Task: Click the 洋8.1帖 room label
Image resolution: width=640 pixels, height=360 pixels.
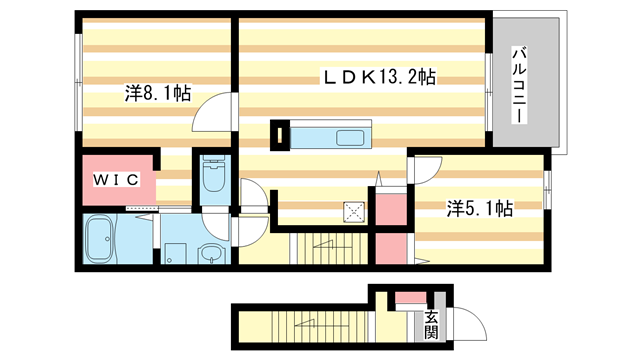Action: coord(157,94)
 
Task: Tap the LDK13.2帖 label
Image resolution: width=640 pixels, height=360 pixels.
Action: coord(378,76)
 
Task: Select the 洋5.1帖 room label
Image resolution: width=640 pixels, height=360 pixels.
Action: coord(480,208)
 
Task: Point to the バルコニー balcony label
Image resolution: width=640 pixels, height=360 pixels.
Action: coord(520,85)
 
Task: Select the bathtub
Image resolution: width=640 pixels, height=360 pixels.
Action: coord(101,240)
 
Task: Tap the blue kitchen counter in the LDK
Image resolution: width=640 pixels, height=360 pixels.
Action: coord(334,135)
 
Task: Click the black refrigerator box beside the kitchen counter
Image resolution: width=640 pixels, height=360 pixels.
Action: coord(280,135)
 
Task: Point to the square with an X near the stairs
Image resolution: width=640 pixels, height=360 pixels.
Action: coord(353,211)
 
